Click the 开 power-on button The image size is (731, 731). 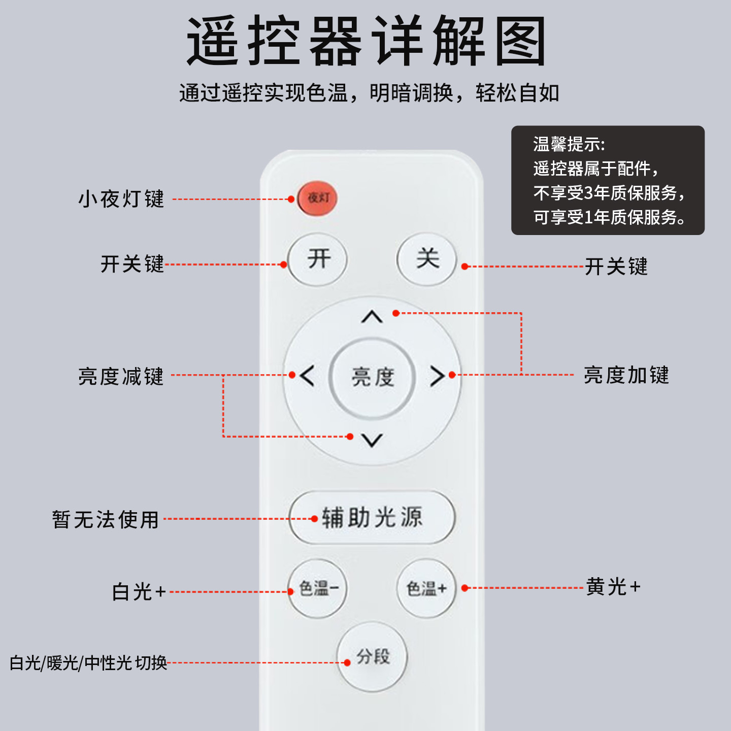tap(318, 259)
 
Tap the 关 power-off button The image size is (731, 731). tap(427, 259)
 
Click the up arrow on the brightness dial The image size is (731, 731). tap(372, 317)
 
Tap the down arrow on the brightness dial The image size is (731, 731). tap(372, 440)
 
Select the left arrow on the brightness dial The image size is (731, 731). tap(307, 376)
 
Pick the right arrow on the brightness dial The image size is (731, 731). tap(437, 376)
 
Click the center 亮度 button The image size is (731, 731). tap(373, 377)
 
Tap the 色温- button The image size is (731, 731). tap(318, 588)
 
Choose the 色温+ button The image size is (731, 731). tap(427, 588)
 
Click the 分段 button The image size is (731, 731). tap(373, 656)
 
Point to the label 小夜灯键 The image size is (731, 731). tap(121, 199)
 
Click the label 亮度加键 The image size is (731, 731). tap(626, 375)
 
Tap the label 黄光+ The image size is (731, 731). tap(613, 587)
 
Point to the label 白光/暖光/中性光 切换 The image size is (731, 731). tap(88, 662)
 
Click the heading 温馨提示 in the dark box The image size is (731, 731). tap(569, 144)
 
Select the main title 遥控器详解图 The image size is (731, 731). tap(365, 41)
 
